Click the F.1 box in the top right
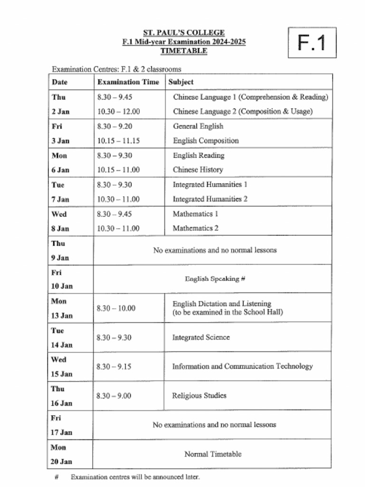click(x=312, y=43)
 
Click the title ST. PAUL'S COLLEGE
click(x=184, y=33)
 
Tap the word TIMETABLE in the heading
click(x=184, y=51)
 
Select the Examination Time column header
click(x=128, y=82)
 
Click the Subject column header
click(x=181, y=82)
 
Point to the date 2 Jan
click(x=60, y=112)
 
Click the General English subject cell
click(x=198, y=127)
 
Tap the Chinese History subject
click(x=198, y=170)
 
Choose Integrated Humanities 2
click(x=210, y=199)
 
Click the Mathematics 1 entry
click(x=195, y=214)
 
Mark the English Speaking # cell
click(x=215, y=279)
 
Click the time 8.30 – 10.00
click(x=116, y=308)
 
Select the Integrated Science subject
click(x=201, y=338)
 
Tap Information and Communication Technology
click(x=242, y=367)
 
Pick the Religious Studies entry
click(x=199, y=396)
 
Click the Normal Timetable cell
click(x=212, y=454)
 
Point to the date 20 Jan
click(x=62, y=462)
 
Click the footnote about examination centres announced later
click(x=135, y=477)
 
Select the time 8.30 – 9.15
click(x=114, y=367)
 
